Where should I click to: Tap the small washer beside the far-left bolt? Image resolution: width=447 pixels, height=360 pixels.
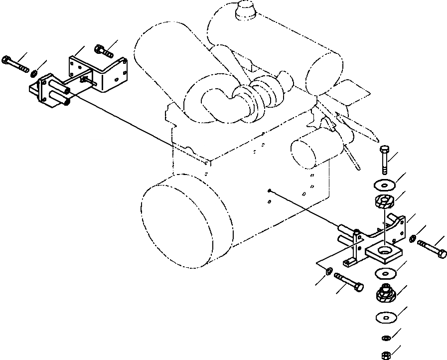coord(33,74)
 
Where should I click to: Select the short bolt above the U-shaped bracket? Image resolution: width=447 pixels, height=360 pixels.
coord(103,50)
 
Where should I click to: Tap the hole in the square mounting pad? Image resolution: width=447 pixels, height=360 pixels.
coord(385,249)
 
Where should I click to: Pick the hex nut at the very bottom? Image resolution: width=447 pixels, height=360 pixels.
coord(385,355)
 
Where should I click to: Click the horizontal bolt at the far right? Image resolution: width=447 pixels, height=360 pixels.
coord(433,248)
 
